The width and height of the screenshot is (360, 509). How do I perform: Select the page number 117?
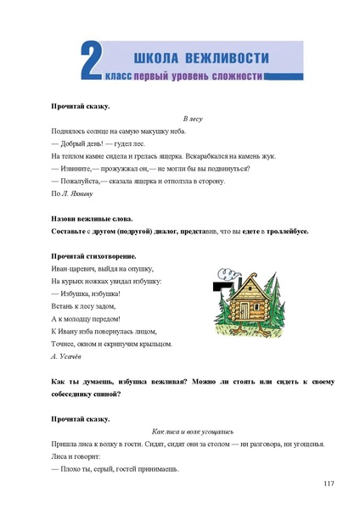coord(329,484)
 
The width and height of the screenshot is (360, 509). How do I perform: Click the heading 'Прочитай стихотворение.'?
coord(93,255)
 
